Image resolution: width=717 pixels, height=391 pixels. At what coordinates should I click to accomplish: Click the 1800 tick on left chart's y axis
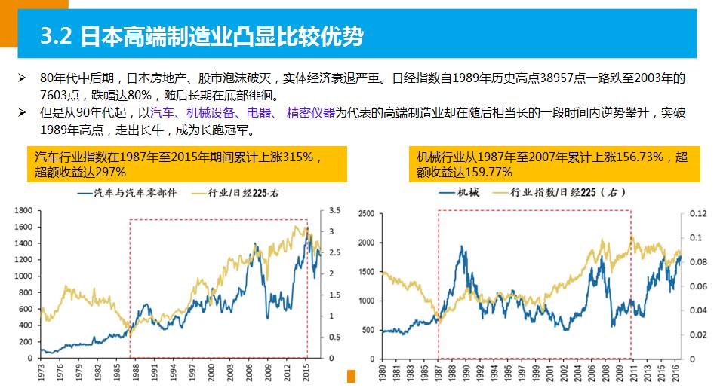23,210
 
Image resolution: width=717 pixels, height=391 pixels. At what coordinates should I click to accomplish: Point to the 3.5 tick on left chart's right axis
336,210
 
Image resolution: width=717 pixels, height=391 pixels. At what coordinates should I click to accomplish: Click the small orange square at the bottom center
350,376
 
